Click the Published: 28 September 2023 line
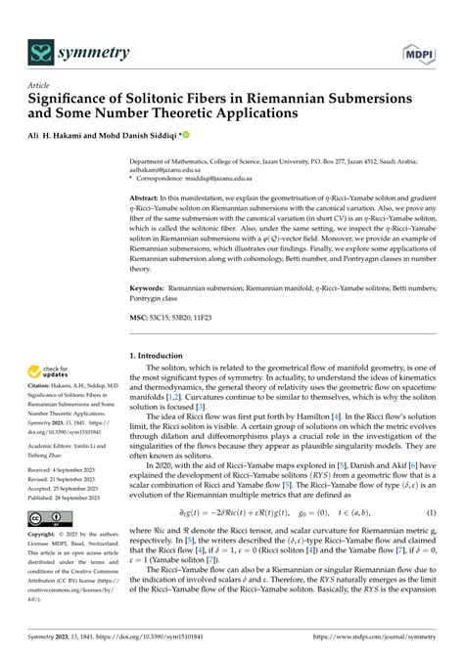coord(71,497)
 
